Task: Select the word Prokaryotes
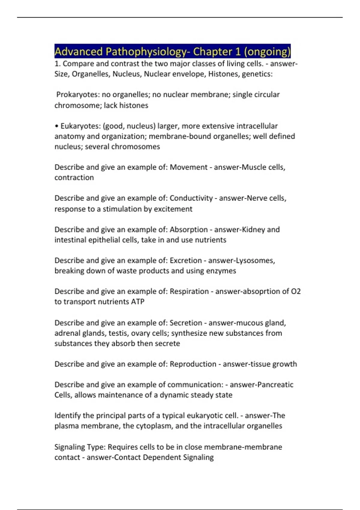pyautogui.click(x=78, y=94)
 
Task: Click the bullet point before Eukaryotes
pyautogui.click(x=56, y=126)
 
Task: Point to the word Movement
pyautogui.click(x=188, y=167)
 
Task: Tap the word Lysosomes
pyautogui.click(x=255, y=260)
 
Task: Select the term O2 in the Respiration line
pyautogui.click(x=296, y=291)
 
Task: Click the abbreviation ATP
pyautogui.click(x=138, y=301)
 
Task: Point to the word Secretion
pyautogui.click(x=186, y=323)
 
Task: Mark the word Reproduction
pyautogui.click(x=193, y=364)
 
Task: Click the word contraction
pyautogui.click(x=74, y=178)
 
